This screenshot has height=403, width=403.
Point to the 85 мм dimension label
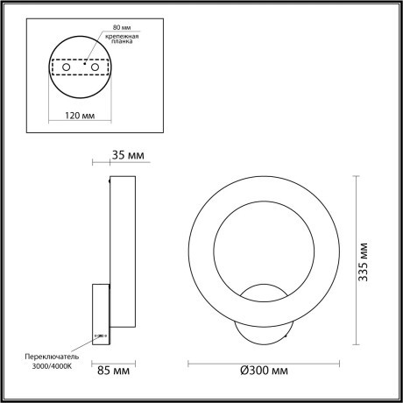click(x=115, y=371)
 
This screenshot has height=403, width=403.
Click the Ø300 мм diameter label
click(x=264, y=371)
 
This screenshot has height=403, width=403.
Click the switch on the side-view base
click(x=101, y=336)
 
